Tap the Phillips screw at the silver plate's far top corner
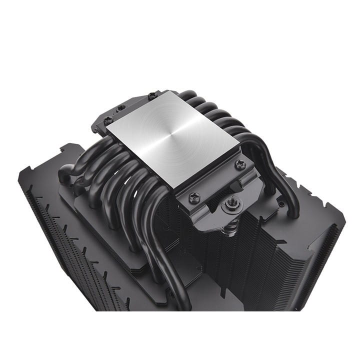tap(152, 94)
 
